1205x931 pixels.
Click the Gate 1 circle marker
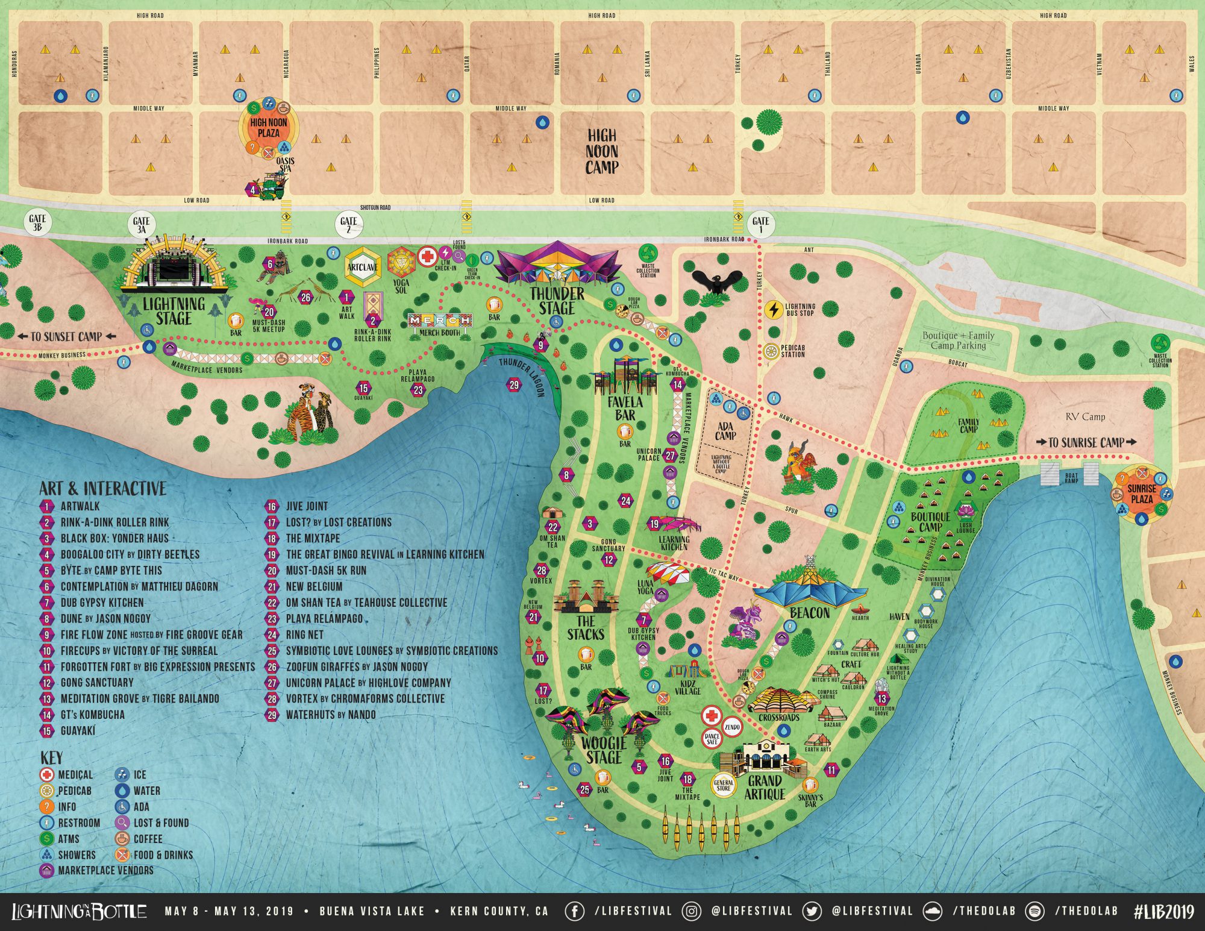tap(760, 224)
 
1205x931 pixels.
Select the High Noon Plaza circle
tap(269, 128)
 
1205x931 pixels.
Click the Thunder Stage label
tap(557, 301)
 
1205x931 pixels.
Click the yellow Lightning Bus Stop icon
tap(773, 309)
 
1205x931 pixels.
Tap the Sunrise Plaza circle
tap(1142, 494)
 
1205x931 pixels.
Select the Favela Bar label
tap(625, 408)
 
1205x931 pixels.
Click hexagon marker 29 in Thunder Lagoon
tap(513, 385)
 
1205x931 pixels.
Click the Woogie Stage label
tap(604, 750)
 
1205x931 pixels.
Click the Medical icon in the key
tap(47, 775)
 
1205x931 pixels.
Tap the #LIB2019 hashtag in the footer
tap(1163, 911)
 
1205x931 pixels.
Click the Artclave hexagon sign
tap(362, 266)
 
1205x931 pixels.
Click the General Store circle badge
tap(724, 785)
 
